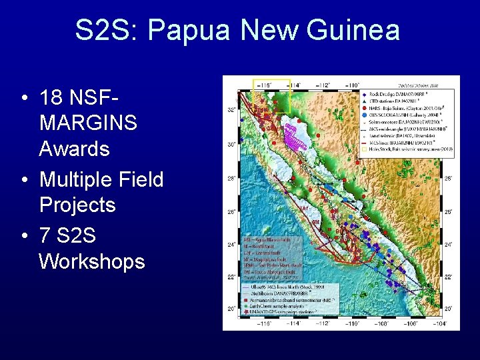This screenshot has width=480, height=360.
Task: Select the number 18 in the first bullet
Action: pyautogui.click(x=51, y=98)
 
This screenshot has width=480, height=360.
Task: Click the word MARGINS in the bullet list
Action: pyautogui.click(x=88, y=123)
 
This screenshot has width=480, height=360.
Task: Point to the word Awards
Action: pyautogui.click(x=74, y=148)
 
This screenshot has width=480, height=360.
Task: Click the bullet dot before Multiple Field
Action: pyautogui.click(x=23, y=179)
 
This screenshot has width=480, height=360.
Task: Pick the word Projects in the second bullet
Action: pyautogui.click(x=77, y=205)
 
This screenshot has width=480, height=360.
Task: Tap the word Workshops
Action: pyautogui.click(x=92, y=261)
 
